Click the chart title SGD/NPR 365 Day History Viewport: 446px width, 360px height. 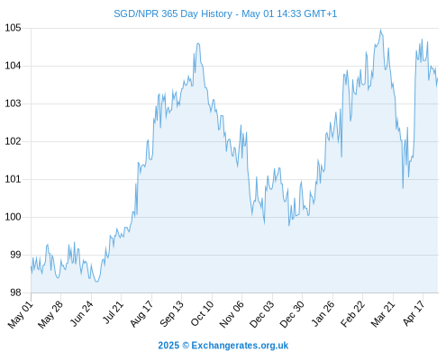point(173,13)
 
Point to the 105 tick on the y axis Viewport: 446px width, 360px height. point(13,28)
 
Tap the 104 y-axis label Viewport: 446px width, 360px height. point(13,66)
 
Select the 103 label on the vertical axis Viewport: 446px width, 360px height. point(13,103)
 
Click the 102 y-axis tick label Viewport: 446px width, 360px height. point(13,141)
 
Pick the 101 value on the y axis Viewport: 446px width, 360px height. point(13,179)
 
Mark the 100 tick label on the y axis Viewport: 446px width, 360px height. point(13,217)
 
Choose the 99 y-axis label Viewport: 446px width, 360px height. point(15,255)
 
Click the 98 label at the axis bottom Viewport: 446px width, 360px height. point(15,292)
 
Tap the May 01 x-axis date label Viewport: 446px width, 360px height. point(21,314)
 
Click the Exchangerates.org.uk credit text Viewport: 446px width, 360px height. point(240,346)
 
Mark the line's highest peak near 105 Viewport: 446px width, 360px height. point(380,30)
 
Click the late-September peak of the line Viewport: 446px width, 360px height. point(198,44)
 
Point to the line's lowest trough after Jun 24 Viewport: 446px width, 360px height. point(96,282)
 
